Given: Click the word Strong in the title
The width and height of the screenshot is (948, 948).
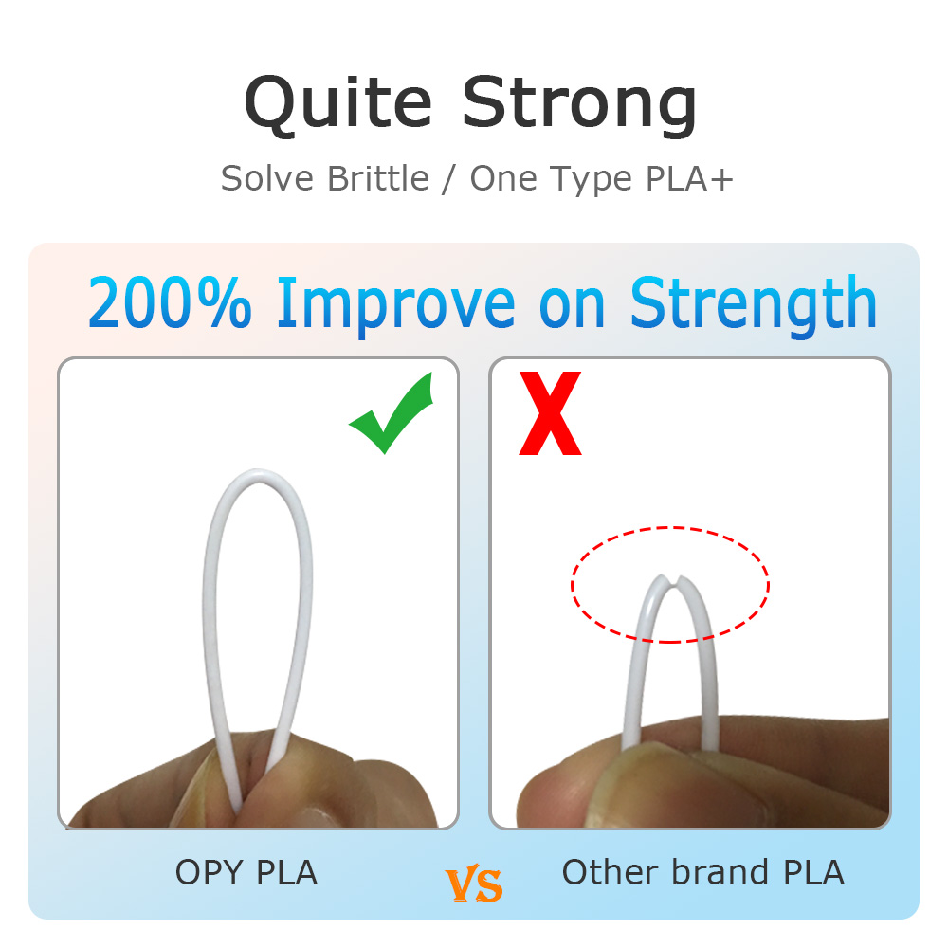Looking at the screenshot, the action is (x=579, y=105).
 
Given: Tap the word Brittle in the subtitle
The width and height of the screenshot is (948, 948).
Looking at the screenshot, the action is (x=378, y=178).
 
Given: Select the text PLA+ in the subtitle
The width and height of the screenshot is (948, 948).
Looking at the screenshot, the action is (x=689, y=178).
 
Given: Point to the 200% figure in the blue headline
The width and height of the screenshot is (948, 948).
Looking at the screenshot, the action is (x=170, y=301).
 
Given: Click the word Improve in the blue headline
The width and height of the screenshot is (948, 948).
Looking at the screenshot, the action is (x=396, y=305).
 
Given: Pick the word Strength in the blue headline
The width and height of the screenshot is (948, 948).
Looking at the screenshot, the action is (x=753, y=304).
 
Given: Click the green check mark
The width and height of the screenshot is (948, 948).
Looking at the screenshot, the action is (x=392, y=414).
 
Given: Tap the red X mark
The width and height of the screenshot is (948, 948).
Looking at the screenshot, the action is (x=550, y=413).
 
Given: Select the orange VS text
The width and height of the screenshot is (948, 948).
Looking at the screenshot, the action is (x=474, y=884).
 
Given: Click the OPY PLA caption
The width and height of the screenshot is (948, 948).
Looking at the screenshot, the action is (x=246, y=872).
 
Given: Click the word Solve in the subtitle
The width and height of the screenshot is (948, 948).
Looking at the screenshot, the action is (x=267, y=178).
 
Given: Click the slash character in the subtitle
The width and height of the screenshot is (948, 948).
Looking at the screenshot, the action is (x=449, y=179).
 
